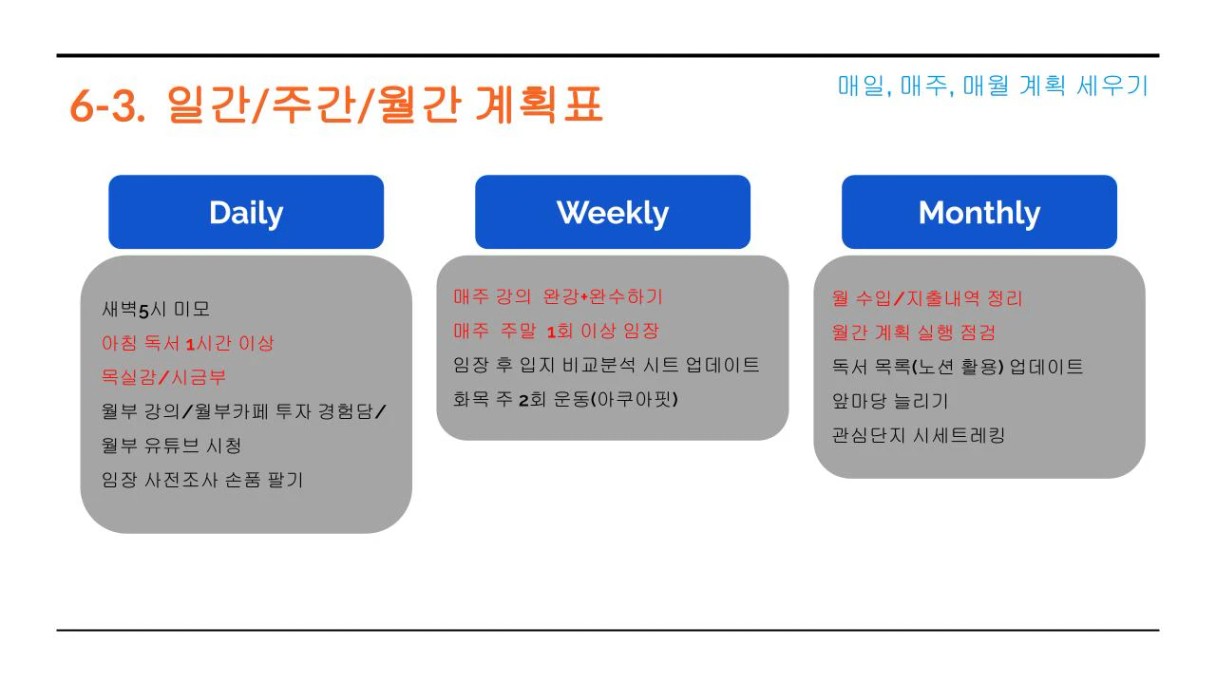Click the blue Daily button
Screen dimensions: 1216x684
pyautogui.click(x=246, y=212)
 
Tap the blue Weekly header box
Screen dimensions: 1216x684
pyautogui.click(x=612, y=212)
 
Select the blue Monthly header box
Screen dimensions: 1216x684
pyautogui.click(x=979, y=212)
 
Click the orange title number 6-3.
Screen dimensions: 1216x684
pyautogui.click(x=107, y=106)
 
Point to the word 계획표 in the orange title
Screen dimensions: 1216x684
pyautogui.click(x=539, y=104)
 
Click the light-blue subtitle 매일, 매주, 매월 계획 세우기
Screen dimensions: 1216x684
pyautogui.click(x=993, y=86)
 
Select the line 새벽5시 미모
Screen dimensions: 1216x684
pyautogui.click(x=156, y=309)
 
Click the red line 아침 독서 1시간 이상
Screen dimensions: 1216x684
pyautogui.click(x=188, y=343)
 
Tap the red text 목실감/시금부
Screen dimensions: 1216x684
pyautogui.click(x=163, y=377)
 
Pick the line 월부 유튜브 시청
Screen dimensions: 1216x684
pyautogui.click(x=171, y=446)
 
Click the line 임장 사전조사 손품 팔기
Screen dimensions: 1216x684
pyautogui.click(x=202, y=480)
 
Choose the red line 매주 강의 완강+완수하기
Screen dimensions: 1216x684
pyautogui.click(x=558, y=296)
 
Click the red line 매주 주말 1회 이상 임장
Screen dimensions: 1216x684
pyautogui.click(x=556, y=331)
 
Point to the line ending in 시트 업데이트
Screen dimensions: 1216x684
pyautogui.click(x=606, y=365)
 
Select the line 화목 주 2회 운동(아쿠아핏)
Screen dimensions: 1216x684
pyautogui.click(x=566, y=400)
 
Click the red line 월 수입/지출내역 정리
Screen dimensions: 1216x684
pyautogui.click(x=927, y=298)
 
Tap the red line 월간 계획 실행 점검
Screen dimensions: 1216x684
pyautogui.click(x=914, y=332)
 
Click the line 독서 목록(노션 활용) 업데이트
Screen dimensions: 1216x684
pyautogui.click(x=958, y=367)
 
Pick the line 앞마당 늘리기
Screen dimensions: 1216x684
pyautogui.click(x=890, y=401)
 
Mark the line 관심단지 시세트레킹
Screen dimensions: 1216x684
pyautogui.click(x=919, y=435)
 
